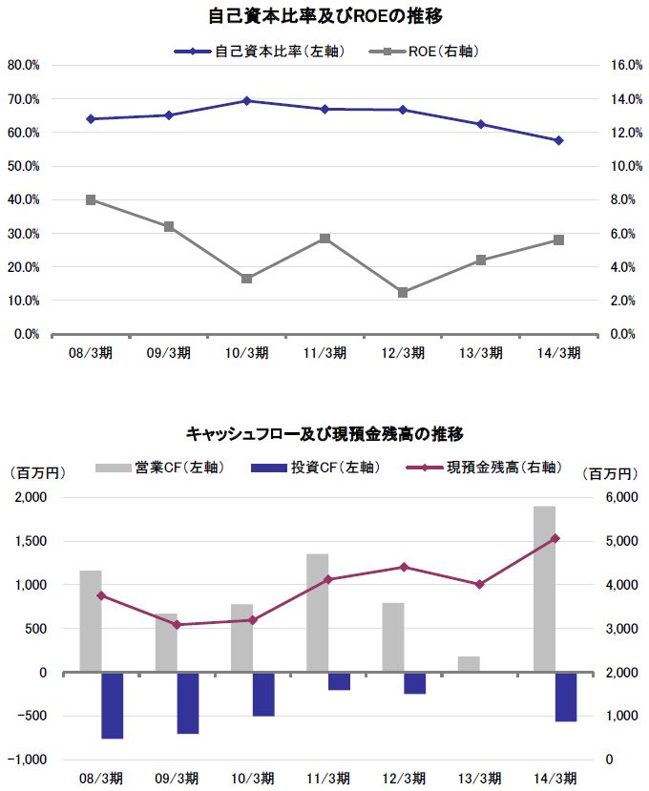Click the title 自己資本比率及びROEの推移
coord(324,16)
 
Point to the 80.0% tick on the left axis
coord(23,65)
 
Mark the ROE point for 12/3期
coord(403,292)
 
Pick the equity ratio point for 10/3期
coord(246,100)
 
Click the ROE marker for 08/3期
coord(91,199)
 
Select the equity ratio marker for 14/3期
coord(558,140)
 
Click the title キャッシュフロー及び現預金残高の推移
coord(324,434)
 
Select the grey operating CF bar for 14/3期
coord(544,589)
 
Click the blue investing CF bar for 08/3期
coord(113,705)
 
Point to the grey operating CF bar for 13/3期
coord(469,664)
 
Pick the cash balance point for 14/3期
coord(555,538)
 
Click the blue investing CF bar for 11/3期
coord(339,681)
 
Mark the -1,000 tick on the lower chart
coord(29,760)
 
